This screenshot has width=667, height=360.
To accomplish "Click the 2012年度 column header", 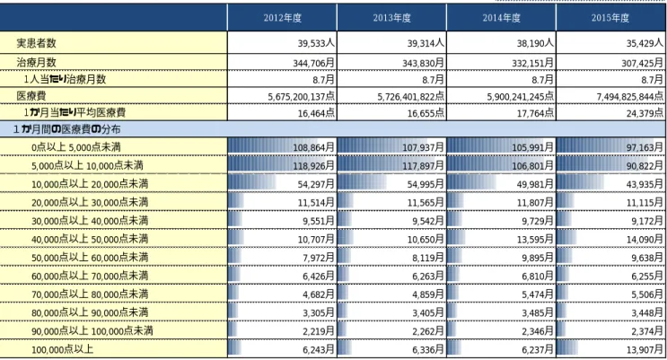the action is click(x=283, y=18).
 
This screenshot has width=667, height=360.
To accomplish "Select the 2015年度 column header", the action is click(x=610, y=18).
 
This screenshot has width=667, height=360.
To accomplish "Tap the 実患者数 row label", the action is click(x=36, y=43).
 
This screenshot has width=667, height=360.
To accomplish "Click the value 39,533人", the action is click(x=316, y=43).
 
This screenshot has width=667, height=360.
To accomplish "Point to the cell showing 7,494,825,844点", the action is click(x=629, y=97).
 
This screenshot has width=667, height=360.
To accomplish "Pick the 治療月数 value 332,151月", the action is click(x=532, y=63).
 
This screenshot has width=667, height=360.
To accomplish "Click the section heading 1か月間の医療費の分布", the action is click(x=66, y=129).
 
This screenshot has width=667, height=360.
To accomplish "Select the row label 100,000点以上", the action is click(x=62, y=350).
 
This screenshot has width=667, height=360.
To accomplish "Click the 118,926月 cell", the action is click(x=313, y=165).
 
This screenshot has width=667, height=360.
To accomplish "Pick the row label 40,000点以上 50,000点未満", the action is click(x=90, y=239).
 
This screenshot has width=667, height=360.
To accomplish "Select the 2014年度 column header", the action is click(x=501, y=18).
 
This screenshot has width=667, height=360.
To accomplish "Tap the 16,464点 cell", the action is click(x=316, y=113).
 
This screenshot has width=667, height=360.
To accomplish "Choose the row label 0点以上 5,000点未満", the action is click(x=76, y=147).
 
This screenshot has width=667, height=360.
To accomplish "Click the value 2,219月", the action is click(x=319, y=331).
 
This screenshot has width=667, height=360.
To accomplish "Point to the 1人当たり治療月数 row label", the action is click(x=65, y=79).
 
